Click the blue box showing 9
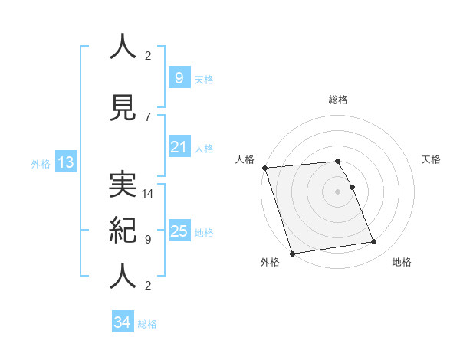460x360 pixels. point(179,77)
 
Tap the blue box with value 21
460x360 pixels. point(179,147)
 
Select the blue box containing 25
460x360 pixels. point(179,231)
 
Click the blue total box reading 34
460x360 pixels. point(122,322)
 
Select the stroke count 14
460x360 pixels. point(148,194)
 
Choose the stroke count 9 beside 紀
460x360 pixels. point(148,239)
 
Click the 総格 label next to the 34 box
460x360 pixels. point(147,324)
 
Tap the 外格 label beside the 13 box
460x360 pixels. point(40,163)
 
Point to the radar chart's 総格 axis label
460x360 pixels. point(338,100)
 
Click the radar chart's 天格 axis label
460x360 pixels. point(432,159)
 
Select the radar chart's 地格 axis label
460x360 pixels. point(402,262)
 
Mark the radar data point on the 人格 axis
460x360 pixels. point(264,168)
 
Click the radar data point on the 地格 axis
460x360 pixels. point(374,242)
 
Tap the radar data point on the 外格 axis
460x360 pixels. point(291,253)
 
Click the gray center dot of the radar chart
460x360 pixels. point(338,191)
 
